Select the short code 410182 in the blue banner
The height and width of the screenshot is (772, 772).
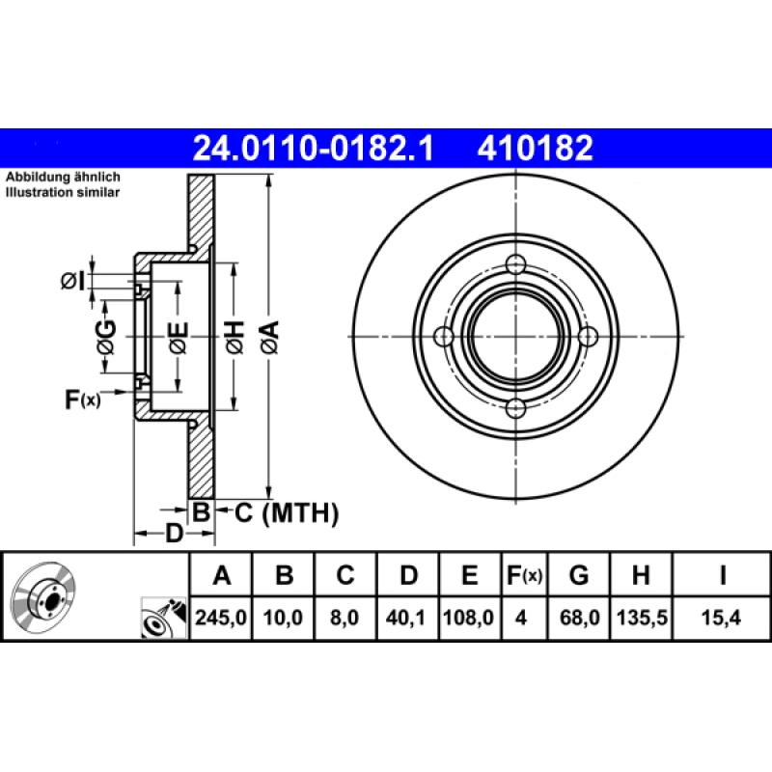[x=533, y=149]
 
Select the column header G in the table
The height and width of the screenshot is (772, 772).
[x=579, y=576]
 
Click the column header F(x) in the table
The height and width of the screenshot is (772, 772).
[x=525, y=576]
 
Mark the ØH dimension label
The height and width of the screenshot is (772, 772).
[x=234, y=337]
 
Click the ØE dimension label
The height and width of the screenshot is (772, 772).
[x=178, y=337]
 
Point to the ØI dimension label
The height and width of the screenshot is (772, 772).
[x=72, y=281]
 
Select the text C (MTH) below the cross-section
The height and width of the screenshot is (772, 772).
[x=287, y=513]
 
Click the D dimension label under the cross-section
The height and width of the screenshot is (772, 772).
[x=175, y=533]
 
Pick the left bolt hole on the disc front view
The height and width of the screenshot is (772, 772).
[x=445, y=336]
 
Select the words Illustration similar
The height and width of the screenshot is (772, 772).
[x=63, y=193]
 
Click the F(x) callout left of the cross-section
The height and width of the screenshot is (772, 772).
[x=82, y=398]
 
